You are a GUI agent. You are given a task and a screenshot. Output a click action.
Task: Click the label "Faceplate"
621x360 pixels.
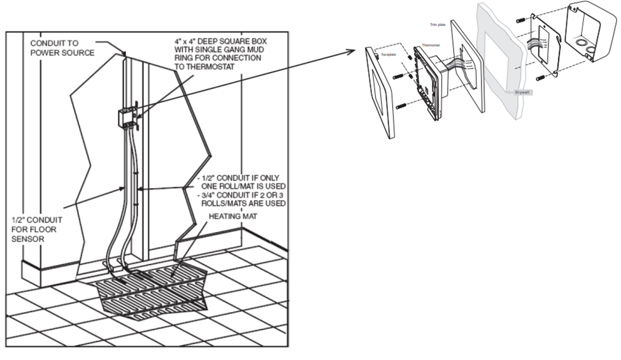point(389,55)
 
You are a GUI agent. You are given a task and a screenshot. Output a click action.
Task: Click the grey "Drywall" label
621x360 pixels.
point(522,92)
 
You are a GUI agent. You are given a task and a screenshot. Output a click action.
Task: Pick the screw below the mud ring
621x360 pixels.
point(540,78)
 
